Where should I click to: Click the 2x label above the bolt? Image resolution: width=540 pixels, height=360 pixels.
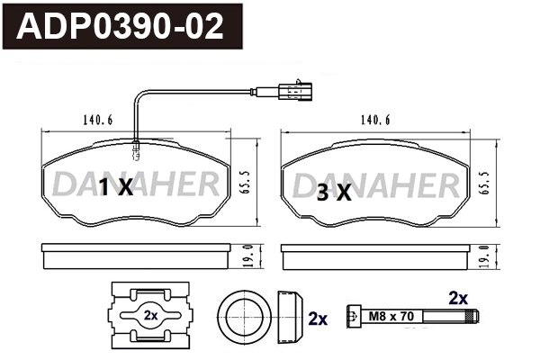click(458, 296)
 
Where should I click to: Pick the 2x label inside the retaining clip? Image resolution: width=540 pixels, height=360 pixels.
click(150, 316)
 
